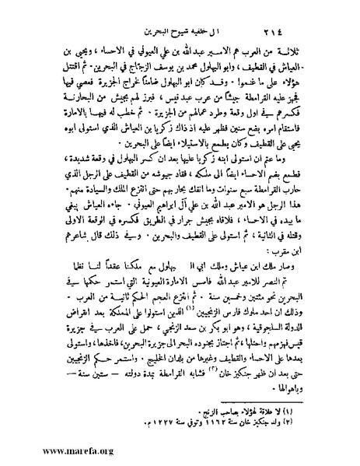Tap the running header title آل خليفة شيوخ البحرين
(x=181, y=18)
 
